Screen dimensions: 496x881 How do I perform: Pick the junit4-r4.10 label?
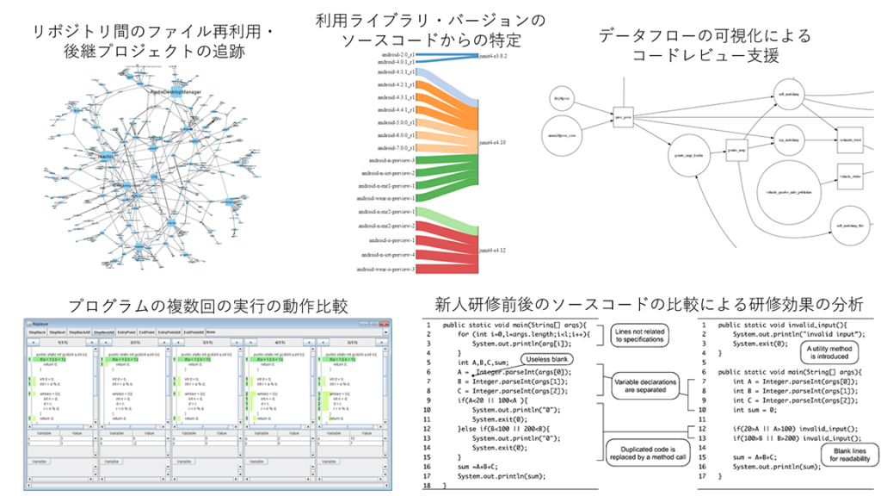pos(492,141)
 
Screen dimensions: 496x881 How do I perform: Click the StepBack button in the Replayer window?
pos(37,332)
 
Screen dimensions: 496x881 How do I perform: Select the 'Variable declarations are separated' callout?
pos(646,387)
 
